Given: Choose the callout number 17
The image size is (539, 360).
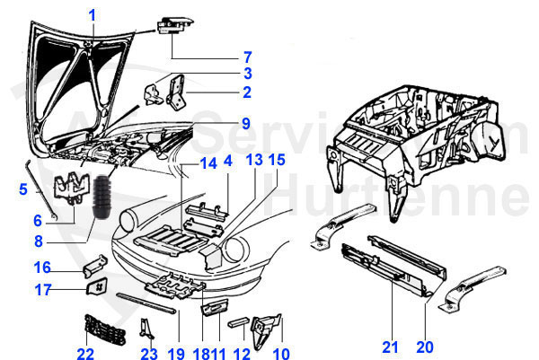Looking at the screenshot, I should [x=43, y=289].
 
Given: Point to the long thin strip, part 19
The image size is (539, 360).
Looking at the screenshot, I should [x=149, y=300].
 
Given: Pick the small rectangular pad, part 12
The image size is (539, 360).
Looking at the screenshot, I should [x=239, y=320].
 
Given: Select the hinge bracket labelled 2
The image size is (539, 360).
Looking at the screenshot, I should [x=177, y=90].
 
